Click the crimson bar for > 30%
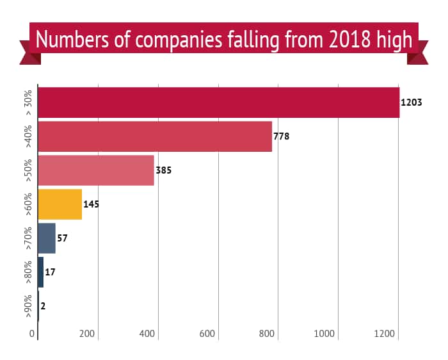coord(218,102)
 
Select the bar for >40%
coord(155,136)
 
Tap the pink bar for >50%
coord(96,170)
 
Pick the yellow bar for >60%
coord(60,204)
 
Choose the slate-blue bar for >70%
coord(47,238)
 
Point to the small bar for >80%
coord(41,272)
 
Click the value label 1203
coord(412,102)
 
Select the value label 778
coord(282,136)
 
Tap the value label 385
coord(164,171)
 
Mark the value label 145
coord(92,205)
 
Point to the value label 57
coord(63,238)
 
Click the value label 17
coord(51,272)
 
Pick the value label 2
coord(43,306)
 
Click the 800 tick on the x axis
coord(268,334)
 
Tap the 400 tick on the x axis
coord(147,334)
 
